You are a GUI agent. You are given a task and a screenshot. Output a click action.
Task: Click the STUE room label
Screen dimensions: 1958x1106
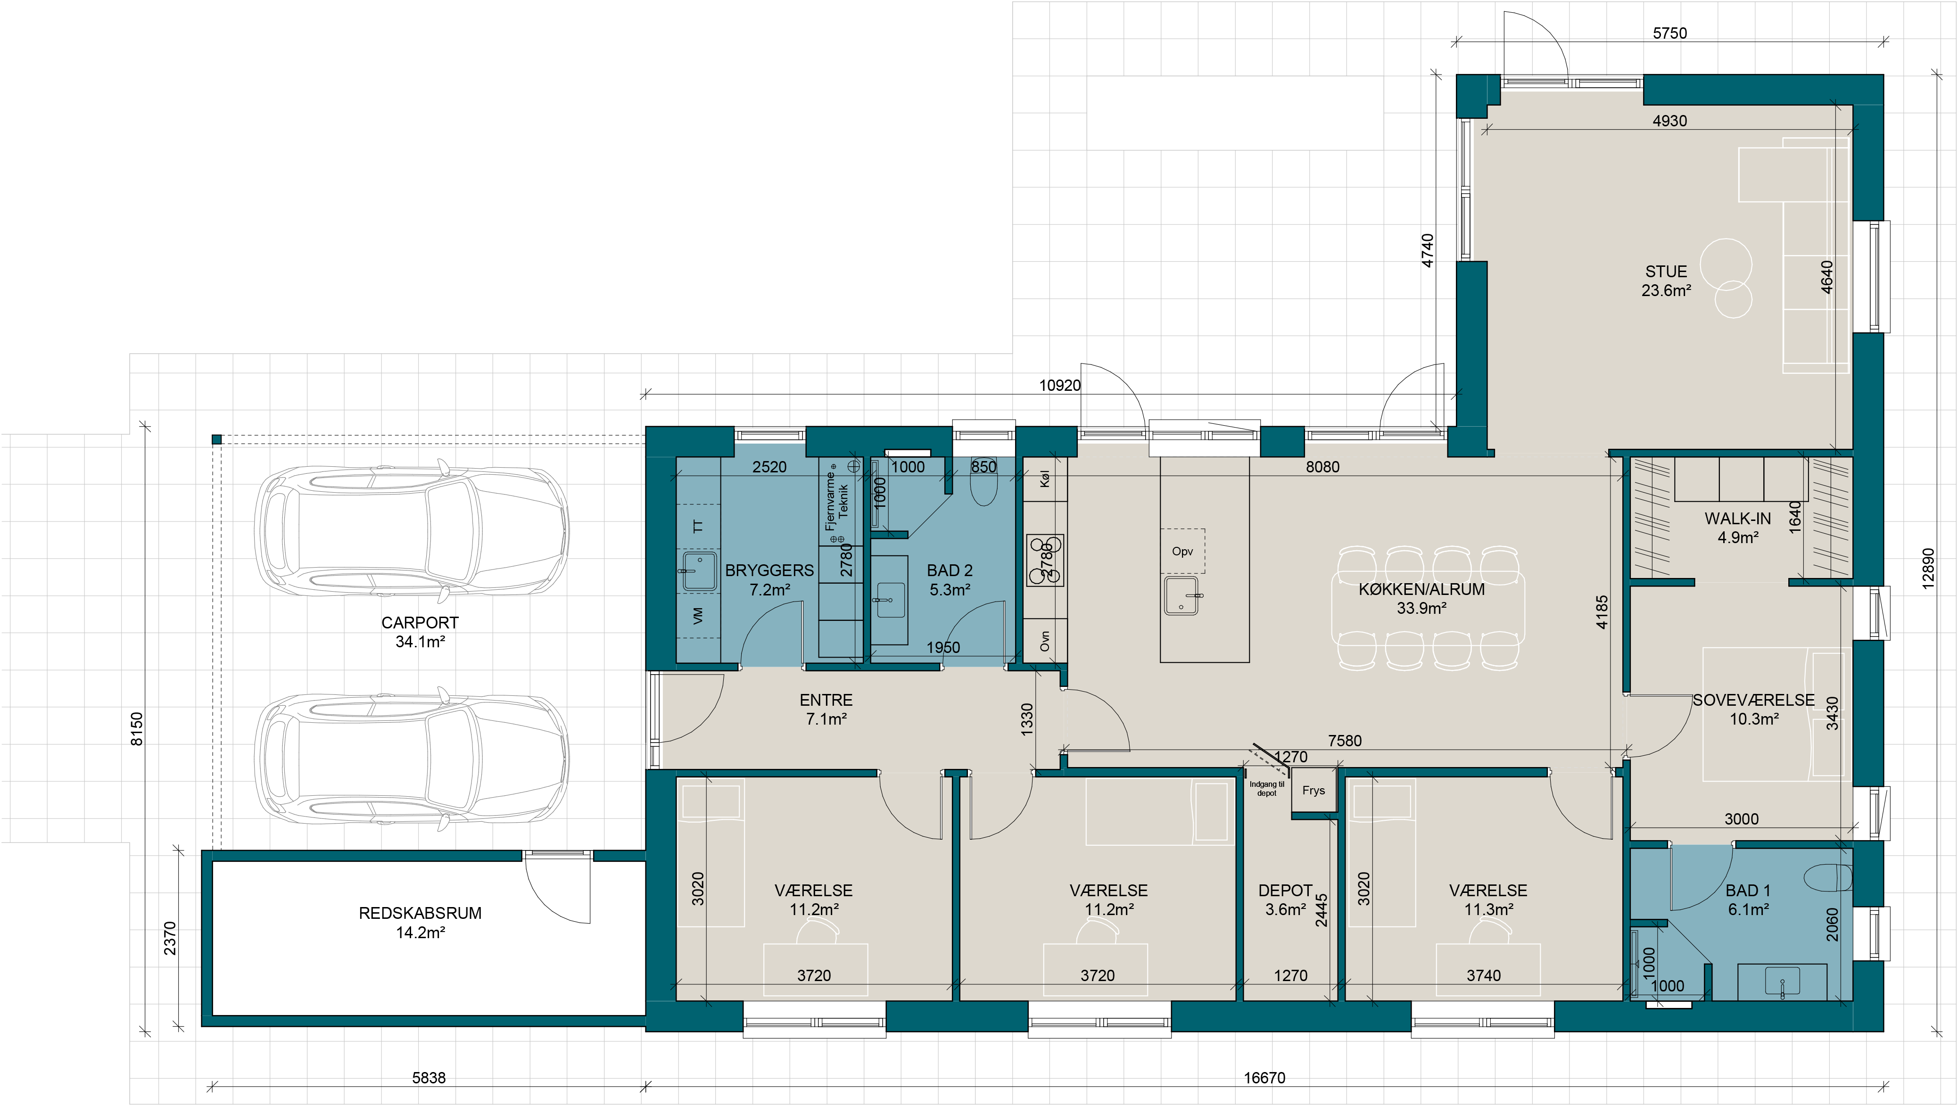[x=1666, y=272]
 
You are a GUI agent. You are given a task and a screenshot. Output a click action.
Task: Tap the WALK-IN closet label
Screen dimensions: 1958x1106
[x=1737, y=519]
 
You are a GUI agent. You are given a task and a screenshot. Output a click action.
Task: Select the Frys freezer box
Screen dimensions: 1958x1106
[x=1314, y=791]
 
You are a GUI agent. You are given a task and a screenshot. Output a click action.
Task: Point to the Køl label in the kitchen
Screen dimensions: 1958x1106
[x=1044, y=479]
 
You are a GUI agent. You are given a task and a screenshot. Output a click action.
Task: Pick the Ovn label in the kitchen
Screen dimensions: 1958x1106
[x=1044, y=641]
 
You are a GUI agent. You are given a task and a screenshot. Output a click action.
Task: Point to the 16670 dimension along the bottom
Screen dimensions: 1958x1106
[x=1264, y=1078]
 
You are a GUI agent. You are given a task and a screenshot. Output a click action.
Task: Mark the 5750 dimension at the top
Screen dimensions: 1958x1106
[x=1670, y=33]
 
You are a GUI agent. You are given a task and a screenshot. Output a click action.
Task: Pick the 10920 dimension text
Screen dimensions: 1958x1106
[x=1059, y=385]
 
